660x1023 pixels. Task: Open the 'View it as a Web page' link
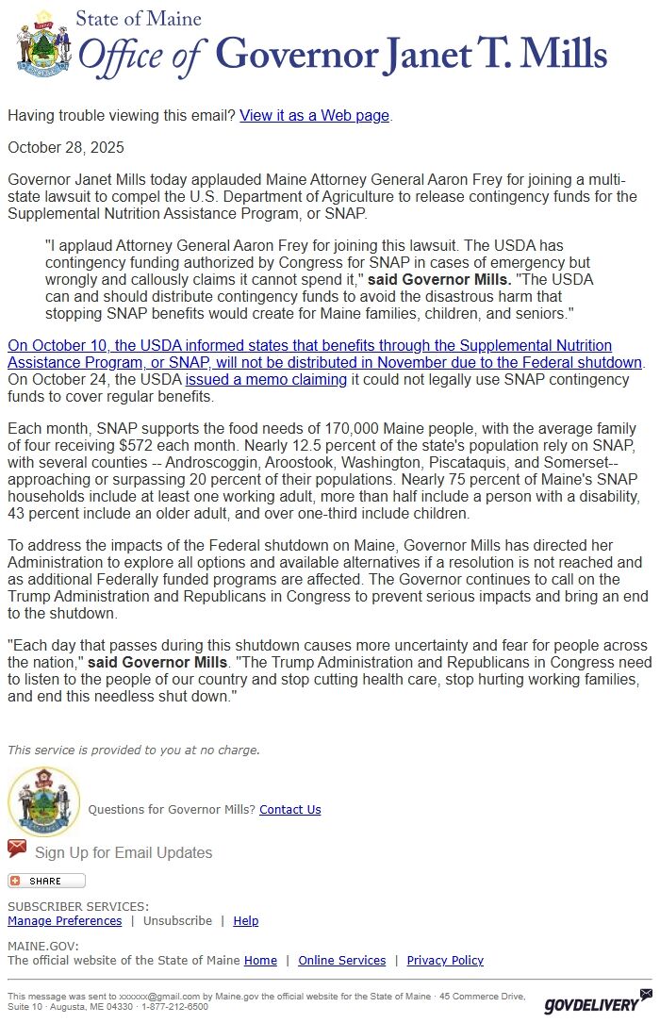pos(314,115)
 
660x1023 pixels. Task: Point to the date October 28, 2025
pos(66,147)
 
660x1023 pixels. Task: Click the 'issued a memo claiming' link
pos(266,379)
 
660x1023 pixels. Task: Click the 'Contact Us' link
pos(289,809)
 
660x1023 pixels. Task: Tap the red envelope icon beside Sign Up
pos(17,849)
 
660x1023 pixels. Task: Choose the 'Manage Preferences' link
pos(64,920)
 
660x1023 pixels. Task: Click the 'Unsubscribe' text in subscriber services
pos(177,920)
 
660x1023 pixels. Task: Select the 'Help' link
pos(245,920)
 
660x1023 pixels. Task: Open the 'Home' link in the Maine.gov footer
pos(260,960)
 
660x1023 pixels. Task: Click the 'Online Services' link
pos(341,960)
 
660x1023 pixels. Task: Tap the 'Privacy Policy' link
pos(445,960)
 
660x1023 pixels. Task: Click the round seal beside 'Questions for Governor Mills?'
pos(43,800)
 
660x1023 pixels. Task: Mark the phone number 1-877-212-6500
pos(175,1007)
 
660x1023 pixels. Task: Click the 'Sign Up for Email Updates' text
pos(124,852)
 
